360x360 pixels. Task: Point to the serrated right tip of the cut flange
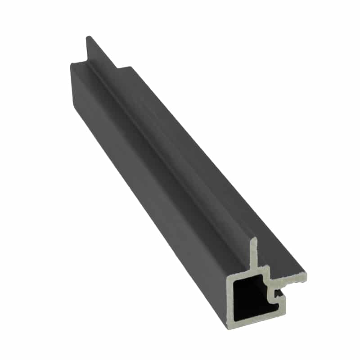[304, 277]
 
